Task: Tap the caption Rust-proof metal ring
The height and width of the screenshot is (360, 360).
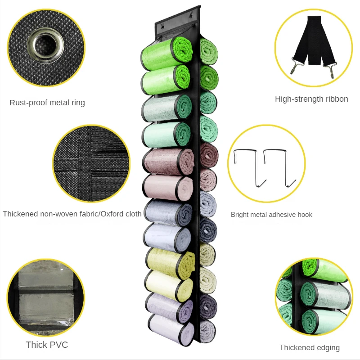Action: click(x=47, y=103)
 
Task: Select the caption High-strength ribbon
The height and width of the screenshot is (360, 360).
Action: click(x=311, y=99)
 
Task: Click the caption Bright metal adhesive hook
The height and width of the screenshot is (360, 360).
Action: click(x=271, y=215)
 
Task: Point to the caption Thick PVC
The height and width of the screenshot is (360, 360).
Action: click(x=47, y=345)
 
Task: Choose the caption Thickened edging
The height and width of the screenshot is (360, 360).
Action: click(x=310, y=347)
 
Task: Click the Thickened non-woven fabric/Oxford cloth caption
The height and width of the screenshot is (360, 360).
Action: click(x=72, y=214)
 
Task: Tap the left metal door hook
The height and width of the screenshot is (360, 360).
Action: click(x=246, y=166)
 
